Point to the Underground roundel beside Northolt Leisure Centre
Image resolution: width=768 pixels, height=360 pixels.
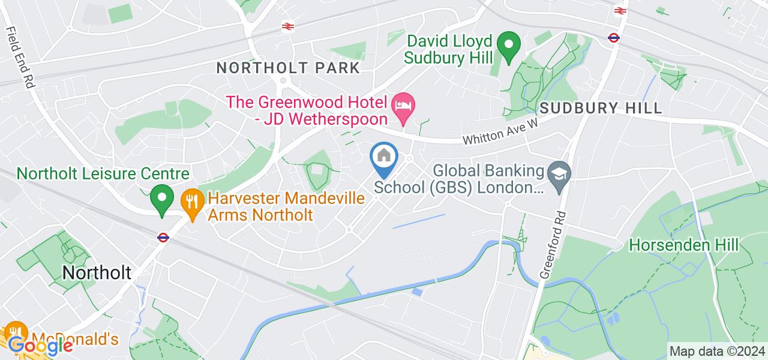[x=163, y=238]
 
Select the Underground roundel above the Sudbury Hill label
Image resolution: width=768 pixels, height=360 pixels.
[x=613, y=38]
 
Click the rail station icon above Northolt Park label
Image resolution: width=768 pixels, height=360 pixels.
[x=287, y=26]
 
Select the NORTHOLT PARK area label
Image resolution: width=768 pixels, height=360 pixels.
[x=288, y=68]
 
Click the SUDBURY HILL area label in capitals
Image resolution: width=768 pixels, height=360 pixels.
[x=601, y=109]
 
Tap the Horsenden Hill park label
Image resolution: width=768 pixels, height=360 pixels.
[x=683, y=245]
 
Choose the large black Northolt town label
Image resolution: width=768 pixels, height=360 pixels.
[x=97, y=273]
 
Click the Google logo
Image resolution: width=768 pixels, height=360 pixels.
[x=41, y=346]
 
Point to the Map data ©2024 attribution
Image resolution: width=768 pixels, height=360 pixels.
[x=718, y=351]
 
